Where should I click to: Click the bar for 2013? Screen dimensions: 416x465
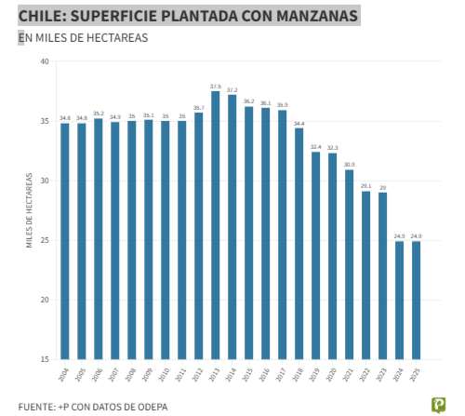click(215, 225)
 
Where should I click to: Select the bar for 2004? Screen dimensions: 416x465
click(64, 241)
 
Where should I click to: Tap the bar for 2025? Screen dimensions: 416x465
click(416, 300)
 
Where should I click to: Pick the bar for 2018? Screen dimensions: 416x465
click(299, 244)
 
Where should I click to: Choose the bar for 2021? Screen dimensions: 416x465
click(349, 264)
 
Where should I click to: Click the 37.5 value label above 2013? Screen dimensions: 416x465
click(215, 86)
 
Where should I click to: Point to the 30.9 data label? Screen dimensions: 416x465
click(349, 165)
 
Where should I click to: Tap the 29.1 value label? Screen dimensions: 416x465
click(365, 186)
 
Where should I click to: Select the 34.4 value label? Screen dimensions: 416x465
click(299, 123)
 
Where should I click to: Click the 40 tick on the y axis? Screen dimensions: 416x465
click(45, 62)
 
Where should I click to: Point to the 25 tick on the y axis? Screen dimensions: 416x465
click(45, 240)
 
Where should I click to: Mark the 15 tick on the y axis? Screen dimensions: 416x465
click(45, 359)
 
